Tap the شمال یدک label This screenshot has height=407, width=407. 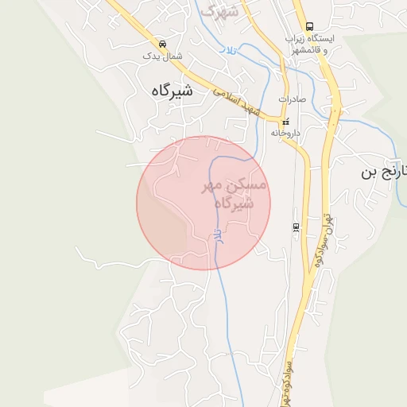point(162,56)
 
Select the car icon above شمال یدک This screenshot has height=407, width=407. point(162,44)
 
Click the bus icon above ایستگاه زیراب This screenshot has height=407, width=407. point(309,25)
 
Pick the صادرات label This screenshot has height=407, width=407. point(292,99)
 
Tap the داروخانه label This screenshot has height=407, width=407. point(285,134)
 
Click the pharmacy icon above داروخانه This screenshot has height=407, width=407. point(285,122)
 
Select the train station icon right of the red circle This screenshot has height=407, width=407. point(296,227)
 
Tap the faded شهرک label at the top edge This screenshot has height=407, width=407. point(219,11)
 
